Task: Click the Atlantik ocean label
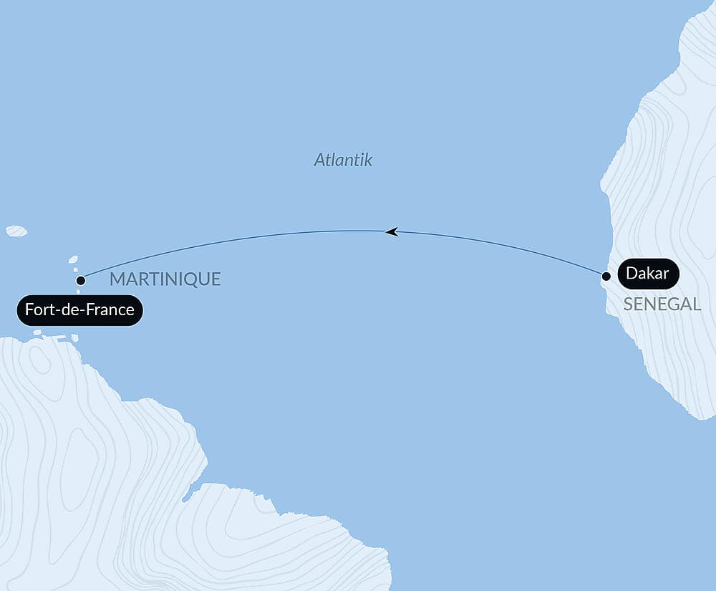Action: pyautogui.click(x=343, y=160)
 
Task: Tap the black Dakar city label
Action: pyautogui.click(x=647, y=274)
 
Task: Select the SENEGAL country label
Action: pyautogui.click(x=662, y=304)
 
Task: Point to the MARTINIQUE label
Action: pyautogui.click(x=165, y=279)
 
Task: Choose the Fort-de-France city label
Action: pyautogui.click(x=79, y=311)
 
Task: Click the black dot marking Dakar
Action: pyautogui.click(x=606, y=276)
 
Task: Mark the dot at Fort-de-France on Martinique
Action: pyautogui.click(x=81, y=280)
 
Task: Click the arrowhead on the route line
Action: pyautogui.click(x=391, y=231)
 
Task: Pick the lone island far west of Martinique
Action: pyautogui.click(x=16, y=231)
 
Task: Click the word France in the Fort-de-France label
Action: pyautogui.click(x=111, y=311)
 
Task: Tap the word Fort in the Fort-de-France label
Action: pyautogui.click(x=38, y=311)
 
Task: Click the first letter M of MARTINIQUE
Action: pyautogui.click(x=116, y=279)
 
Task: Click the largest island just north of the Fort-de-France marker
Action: pyautogui.click(x=72, y=260)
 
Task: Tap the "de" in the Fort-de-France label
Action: pyautogui.click(x=69, y=311)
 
